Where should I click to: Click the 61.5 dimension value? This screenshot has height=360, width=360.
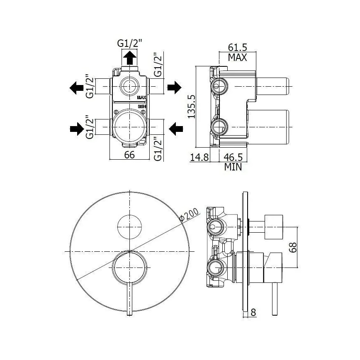[x=237, y=47]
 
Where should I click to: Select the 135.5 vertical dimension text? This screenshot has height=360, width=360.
[x=192, y=107]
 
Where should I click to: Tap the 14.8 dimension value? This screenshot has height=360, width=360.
[x=199, y=157]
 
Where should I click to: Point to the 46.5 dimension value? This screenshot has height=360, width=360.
[x=233, y=157]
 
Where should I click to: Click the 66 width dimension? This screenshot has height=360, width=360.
[x=129, y=155]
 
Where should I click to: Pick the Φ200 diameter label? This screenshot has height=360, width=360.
[x=189, y=214]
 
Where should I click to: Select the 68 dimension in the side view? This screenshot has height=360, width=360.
[x=293, y=247]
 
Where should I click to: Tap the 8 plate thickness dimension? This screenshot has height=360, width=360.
[x=253, y=312]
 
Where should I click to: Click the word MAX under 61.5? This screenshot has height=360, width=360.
[x=237, y=57]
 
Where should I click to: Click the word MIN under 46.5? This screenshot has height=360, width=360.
[x=233, y=167]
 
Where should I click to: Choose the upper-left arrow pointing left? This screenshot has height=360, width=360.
[x=76, y=88]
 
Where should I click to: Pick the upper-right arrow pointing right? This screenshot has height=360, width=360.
[x=175, y=88]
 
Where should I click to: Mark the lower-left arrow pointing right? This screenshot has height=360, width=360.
[x=77, y=129]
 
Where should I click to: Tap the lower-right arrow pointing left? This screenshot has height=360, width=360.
[x=176, y=129]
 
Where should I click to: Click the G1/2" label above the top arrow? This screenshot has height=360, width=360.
[x=130, y=43]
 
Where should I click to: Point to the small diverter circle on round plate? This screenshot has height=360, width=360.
[x=129, y=227]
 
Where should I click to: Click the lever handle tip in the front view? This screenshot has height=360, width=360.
[x=130, y=314]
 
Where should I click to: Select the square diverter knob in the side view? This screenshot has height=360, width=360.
[x=274, y=227]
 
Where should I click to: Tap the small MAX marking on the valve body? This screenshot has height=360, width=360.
[x=142, y=97]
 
